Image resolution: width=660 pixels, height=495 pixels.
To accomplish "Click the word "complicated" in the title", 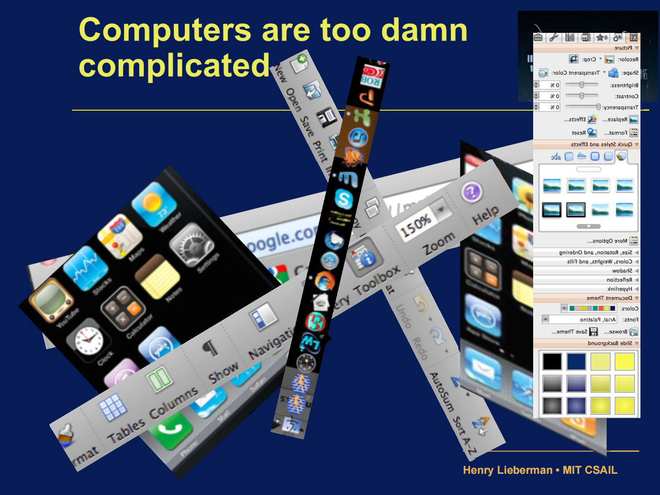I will point(174,65).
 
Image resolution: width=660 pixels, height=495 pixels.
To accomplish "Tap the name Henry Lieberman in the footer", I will point(507,470).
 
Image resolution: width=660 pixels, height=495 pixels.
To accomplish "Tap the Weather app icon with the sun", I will point(154,203).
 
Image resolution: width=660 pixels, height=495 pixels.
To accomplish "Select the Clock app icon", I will point(88,340).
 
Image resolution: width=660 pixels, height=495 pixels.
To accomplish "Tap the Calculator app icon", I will point(123,308).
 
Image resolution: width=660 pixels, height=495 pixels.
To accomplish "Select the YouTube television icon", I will point(50,299).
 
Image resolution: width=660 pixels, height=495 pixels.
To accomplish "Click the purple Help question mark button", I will point(471,192).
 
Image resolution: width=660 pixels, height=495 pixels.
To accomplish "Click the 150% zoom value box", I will point(416,225).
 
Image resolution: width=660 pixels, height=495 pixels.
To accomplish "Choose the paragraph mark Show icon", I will point(210,348).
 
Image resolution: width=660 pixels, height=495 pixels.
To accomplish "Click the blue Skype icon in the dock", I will point(344,199).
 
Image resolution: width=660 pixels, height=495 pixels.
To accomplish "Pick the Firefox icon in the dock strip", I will point(324,281).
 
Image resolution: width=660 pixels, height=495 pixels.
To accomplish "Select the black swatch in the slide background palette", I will point(552,361).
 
